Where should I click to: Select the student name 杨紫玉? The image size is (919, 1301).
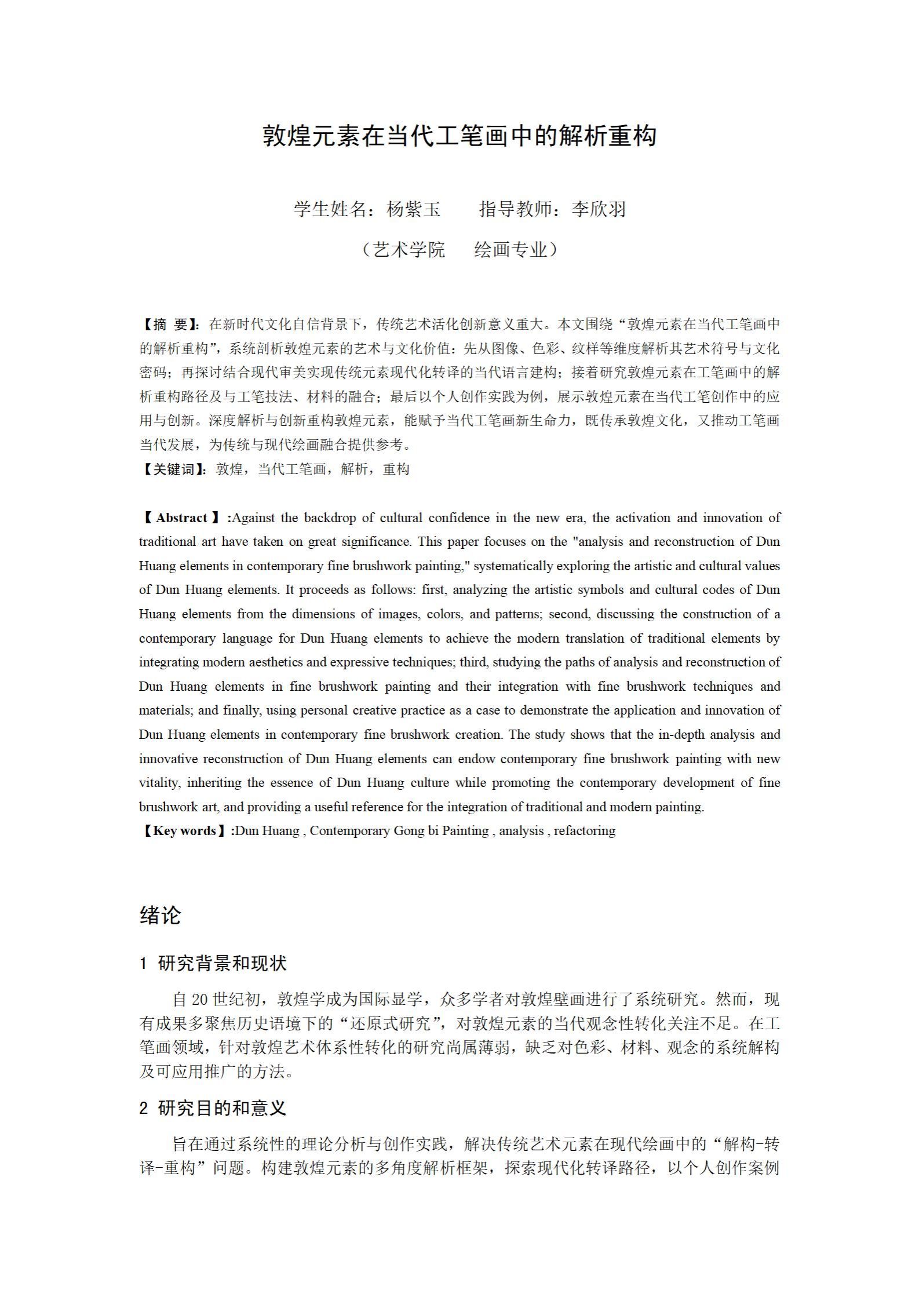tap(414, 209)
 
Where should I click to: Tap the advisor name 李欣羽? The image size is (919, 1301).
tap(599, 209)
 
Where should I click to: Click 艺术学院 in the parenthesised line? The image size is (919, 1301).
tap(409, 249)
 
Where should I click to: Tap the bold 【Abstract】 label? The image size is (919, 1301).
tap(181, 518)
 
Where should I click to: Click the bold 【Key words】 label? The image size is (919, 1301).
tap(184, 830)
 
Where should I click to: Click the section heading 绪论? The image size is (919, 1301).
tap(160, 914)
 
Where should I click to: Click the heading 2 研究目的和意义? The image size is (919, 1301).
tap(213, 1108)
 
